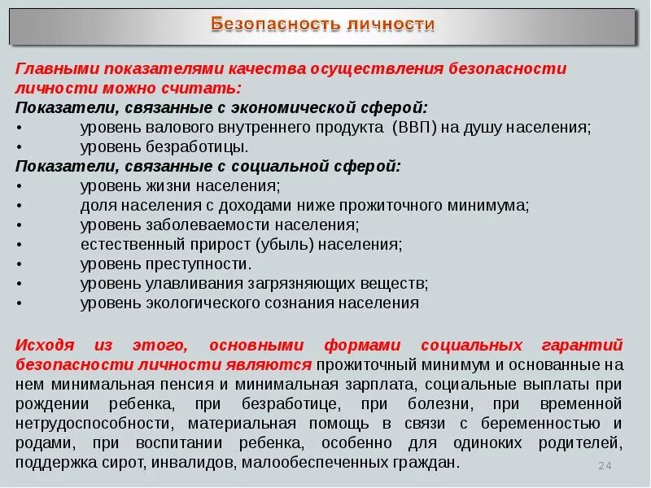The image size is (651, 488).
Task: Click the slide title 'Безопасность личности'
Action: (323, 24)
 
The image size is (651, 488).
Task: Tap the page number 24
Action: (604, 465)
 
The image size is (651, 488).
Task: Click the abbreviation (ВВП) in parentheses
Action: (420, 127)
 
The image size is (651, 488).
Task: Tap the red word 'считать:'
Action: (209, 88)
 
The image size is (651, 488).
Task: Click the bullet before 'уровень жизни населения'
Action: (20, 185)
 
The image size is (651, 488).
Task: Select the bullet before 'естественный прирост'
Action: (20, 244)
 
